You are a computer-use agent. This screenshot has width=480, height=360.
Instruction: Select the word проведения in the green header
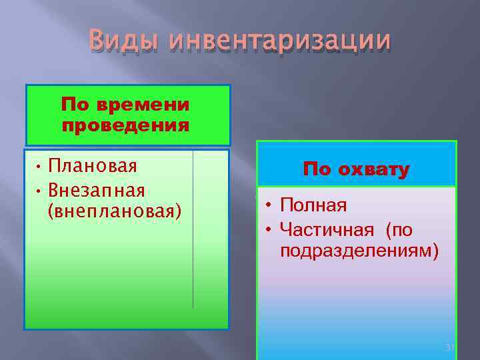point(125,125)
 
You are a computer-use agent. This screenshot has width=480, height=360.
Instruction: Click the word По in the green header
point(76,105)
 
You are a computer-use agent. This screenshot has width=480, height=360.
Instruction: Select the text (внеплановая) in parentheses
point(115,211)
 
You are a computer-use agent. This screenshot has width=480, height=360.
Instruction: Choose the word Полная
point(313,205)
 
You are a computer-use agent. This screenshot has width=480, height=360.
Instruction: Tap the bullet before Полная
point(267,205)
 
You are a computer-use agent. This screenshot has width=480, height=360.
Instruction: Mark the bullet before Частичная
point(267,231)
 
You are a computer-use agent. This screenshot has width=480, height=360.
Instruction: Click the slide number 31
point(449,348)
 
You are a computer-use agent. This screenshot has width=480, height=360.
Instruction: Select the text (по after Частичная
point(399,230)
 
